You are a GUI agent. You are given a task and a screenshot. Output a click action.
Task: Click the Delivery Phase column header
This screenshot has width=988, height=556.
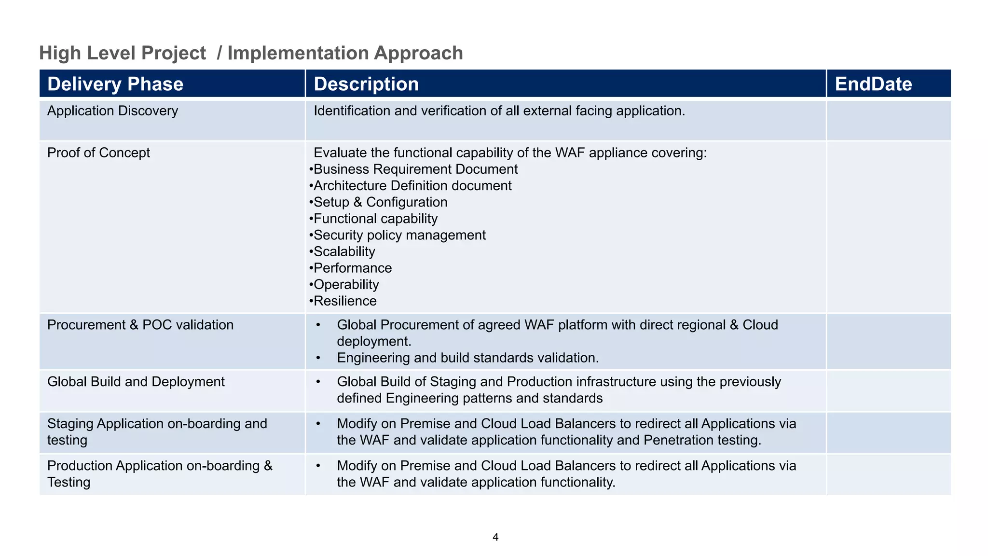point(115,84)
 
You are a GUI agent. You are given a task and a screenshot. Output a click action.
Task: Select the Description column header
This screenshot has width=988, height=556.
point(366,84)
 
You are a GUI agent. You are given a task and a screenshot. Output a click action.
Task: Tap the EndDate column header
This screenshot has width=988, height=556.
point(873,84)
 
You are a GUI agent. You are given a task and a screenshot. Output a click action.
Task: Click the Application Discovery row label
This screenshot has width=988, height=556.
point(112,111)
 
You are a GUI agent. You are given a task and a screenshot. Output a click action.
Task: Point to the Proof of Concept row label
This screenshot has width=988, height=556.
point(98,153)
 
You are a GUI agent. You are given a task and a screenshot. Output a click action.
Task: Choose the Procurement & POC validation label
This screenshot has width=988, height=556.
point(140,325)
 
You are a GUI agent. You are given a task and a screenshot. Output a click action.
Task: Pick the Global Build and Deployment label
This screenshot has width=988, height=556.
point(136,382)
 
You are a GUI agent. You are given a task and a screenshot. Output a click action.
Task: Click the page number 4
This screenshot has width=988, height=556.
point(495,537)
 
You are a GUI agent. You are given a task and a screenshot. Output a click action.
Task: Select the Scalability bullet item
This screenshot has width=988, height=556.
point(344,251)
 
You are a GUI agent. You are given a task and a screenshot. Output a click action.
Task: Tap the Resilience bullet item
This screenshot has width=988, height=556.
point(345,301)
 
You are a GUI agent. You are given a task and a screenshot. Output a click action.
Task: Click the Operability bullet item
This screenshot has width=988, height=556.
point(346,284)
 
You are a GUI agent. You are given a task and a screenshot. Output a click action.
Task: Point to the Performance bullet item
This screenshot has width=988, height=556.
point(353,268)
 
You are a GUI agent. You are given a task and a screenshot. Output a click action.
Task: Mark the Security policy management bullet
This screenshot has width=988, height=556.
point(399,235)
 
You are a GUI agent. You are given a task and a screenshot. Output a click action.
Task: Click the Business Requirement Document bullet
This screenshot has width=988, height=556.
point(415,169)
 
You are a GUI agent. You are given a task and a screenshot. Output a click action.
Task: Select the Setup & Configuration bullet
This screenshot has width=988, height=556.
point(380,202)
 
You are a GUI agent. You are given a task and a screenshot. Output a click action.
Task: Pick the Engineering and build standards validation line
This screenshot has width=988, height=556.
point(467,358)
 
